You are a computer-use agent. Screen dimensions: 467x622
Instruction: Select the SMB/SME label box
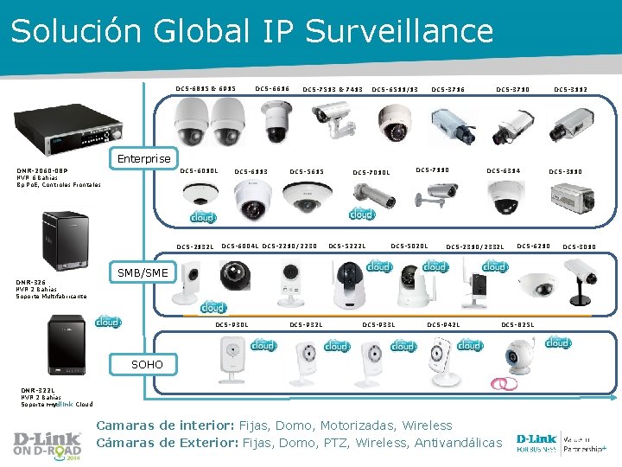(x=143, y=273)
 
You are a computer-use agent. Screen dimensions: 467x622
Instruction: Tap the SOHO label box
(x=147, y=364)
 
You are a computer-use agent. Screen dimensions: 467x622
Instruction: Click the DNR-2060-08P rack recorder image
(x=64, y=128)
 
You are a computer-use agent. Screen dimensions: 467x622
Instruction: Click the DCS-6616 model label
(x=271, y=89)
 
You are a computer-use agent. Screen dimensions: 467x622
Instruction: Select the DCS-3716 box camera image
(x=453, y=126)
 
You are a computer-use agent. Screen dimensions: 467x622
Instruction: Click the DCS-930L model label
(x=232, y=324)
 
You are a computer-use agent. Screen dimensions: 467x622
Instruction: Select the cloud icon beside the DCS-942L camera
(x=469, y=344)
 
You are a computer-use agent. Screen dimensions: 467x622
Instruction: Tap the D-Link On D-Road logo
(x=47, y=442)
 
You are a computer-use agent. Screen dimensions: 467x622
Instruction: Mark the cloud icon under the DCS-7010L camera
(x=361, y=213)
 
